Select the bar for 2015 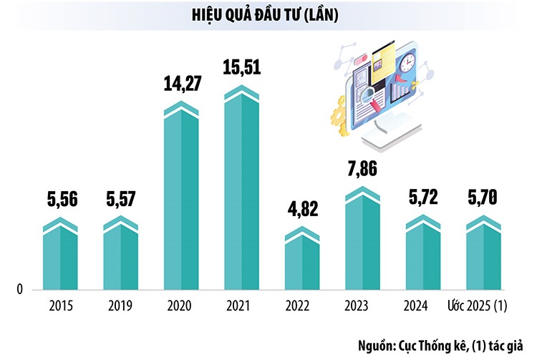pos(60,258)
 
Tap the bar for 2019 pos(121,258)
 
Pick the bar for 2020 pos(181,200)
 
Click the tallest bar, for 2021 pos(242,193)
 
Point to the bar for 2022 pos(302,261)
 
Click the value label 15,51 pos(242,69)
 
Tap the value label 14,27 pos(181,84)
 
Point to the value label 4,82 pos(301,209)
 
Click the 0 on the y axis pos(21,289)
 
